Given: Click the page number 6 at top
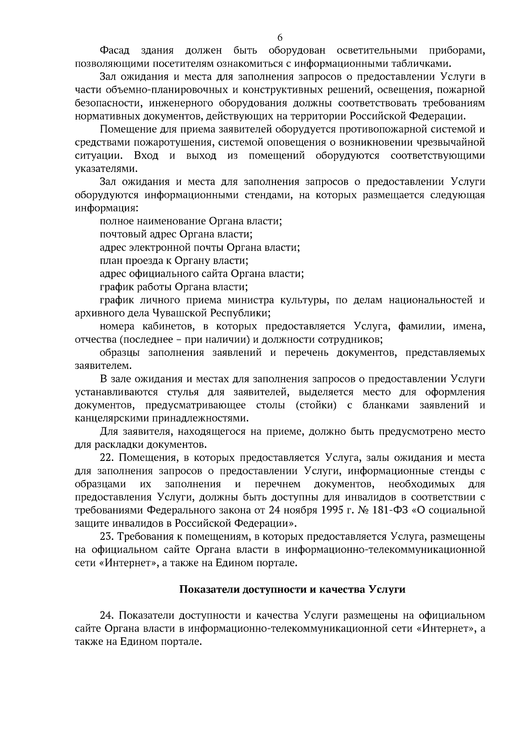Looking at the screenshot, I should pos(280,37).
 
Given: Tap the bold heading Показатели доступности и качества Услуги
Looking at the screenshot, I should pos(292,590).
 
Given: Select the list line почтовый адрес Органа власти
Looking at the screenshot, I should pos(176,234).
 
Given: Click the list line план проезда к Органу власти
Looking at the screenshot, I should pos(173,261).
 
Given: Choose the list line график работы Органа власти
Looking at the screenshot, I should pos(173,287).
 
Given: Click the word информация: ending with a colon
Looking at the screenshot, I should pos(106,208).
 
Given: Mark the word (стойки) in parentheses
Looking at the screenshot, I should pos(316,405).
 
